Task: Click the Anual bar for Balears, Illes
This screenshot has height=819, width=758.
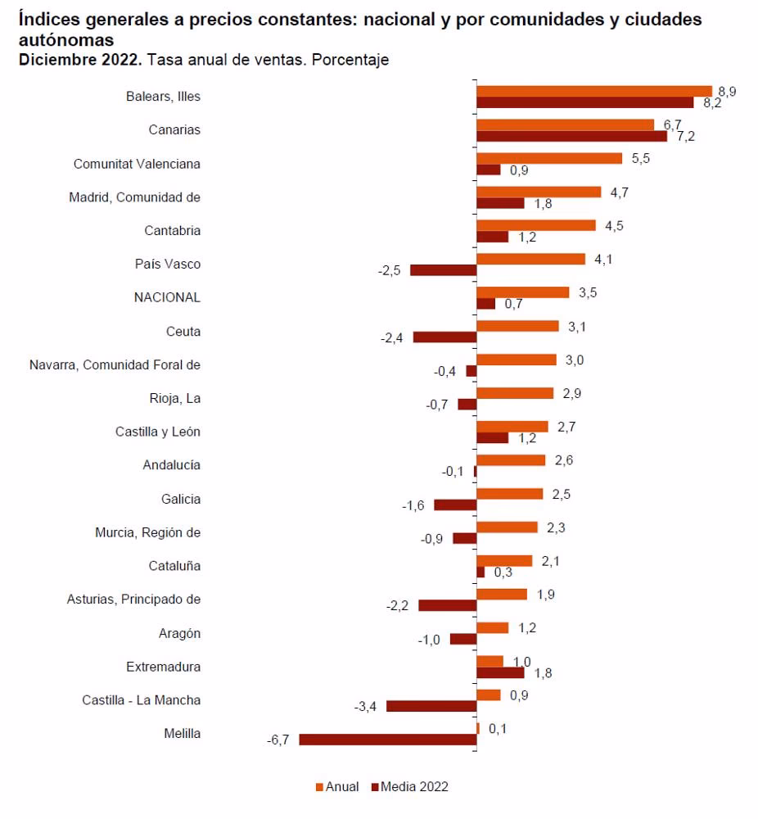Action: [x=594, y=91]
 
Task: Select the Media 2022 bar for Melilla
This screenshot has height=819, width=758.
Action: [x=388, y=740]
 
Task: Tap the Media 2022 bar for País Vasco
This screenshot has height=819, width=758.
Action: [x=443, y=270]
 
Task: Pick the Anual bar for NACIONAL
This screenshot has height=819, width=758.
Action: [x=522, y=292]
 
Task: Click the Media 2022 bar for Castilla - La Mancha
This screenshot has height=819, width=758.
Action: [x=431, y=706]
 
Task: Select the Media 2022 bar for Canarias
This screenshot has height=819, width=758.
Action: [x=571, y=136]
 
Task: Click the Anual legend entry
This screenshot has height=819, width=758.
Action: [x=337, y=786]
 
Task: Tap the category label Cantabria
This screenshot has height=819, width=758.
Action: [x=172, y=230]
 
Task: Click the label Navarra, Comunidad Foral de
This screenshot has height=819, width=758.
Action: [x=115, y=364]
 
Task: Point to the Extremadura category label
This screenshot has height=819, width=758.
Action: [x=163, y=667]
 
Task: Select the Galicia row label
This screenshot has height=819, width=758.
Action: [x=181, y=499]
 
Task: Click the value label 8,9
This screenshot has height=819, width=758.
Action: [x=727, y=92]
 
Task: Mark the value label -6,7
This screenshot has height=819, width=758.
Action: [x=278, y=740]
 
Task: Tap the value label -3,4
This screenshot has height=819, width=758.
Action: [x=365, y=707]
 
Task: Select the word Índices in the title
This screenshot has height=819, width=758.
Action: [x=50, y=20]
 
